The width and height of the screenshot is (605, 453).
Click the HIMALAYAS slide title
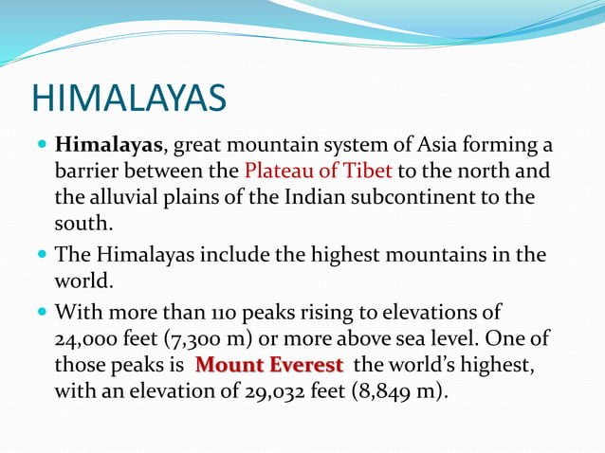[129, 98]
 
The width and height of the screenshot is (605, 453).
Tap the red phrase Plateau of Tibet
[318, 172]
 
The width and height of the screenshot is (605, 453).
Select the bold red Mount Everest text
[268, 366]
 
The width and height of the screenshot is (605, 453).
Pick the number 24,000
[88, 339]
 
